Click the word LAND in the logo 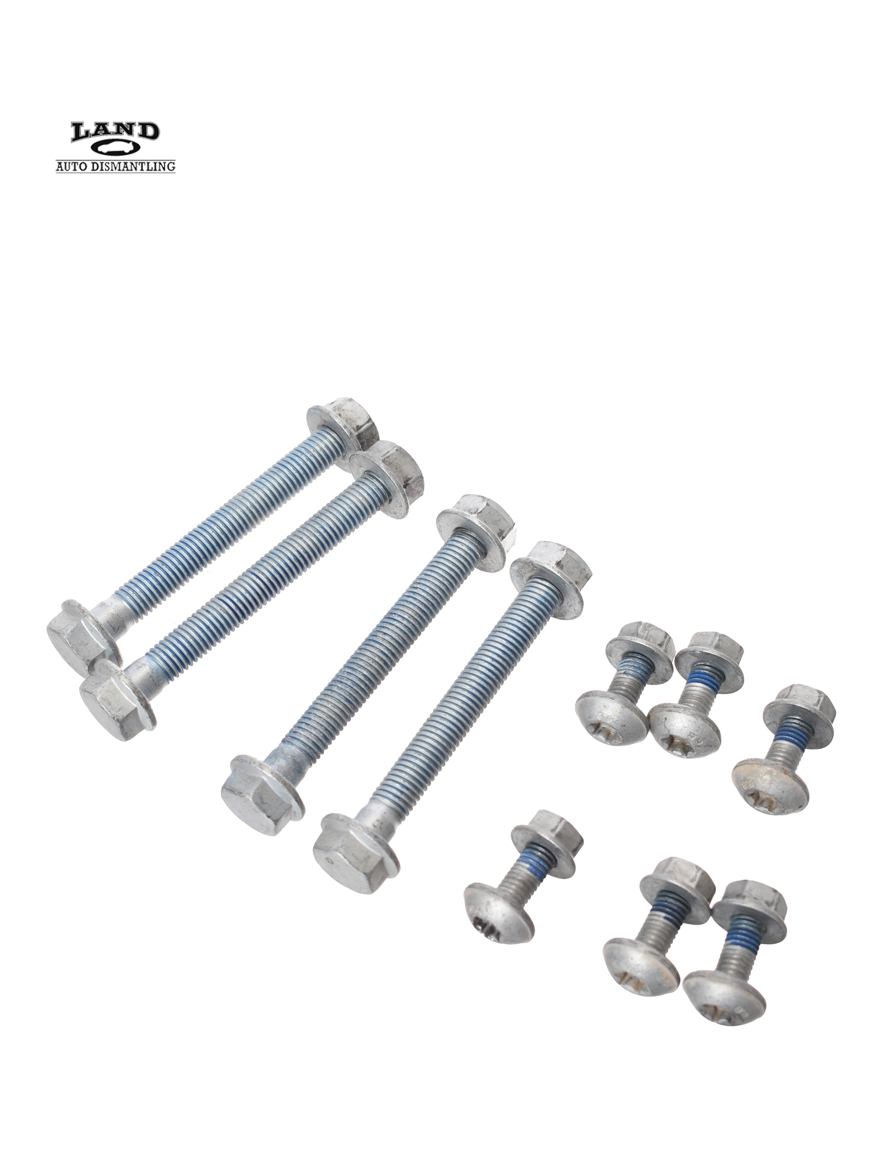tap(115, 131)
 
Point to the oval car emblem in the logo tap(115, 149)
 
